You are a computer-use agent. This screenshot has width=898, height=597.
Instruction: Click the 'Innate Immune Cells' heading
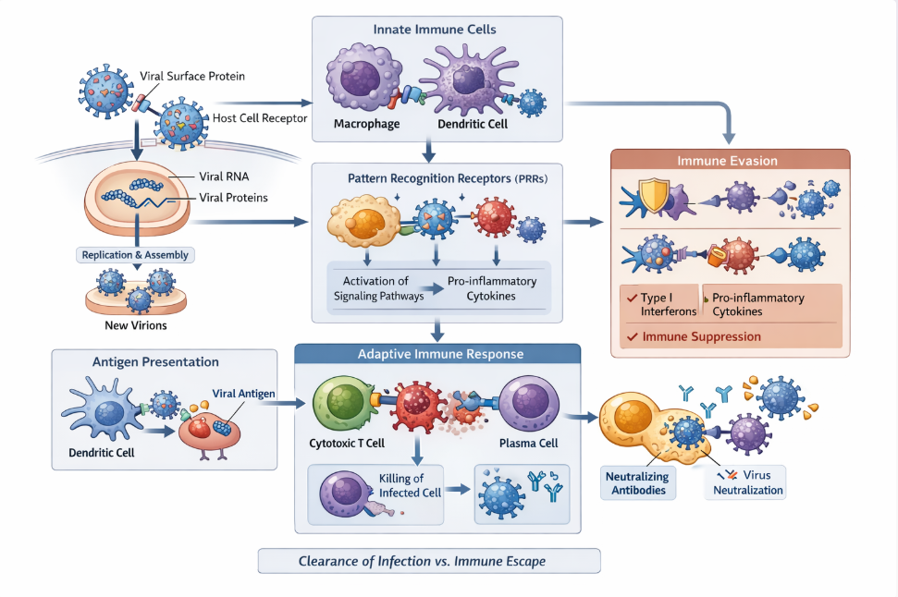(x=435, y=30)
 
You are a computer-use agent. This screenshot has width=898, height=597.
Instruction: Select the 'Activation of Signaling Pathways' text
(x=375, y=289)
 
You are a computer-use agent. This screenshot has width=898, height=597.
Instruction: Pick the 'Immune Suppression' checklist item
(x=702, y=336)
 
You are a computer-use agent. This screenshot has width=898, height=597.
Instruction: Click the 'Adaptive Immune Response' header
(x=437, y=354)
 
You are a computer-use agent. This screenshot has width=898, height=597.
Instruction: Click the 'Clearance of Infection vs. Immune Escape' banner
(x=428, y=561)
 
